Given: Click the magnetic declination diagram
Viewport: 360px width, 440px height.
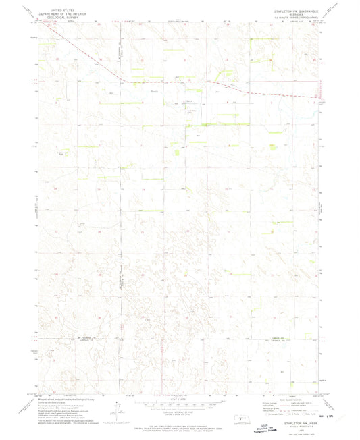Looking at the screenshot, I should pos(119,405).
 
